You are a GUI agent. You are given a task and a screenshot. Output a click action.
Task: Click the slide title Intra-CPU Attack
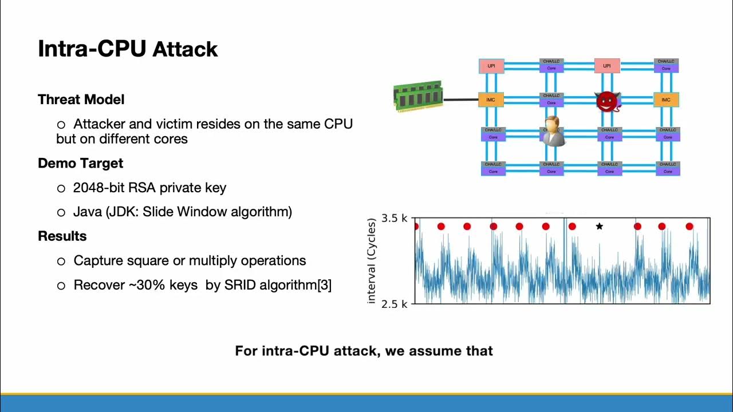click(x=128, y=49)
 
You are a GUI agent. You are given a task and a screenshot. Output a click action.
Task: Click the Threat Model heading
click(x=81, y=100)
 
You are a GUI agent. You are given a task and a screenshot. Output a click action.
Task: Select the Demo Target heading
click(x=80, y=163)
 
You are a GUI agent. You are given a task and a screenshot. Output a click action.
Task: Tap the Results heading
click(x=62, y=236)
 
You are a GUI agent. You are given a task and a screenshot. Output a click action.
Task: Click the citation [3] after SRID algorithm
click(x=324, y=285)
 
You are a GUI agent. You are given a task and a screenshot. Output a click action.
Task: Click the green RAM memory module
click(x=418, y=96)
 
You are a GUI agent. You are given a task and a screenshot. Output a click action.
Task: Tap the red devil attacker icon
click(x=607, y=102)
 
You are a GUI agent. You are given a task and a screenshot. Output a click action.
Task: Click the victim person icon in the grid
click(x=552, y=132)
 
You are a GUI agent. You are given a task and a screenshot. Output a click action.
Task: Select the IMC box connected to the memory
click(x=491, y=100)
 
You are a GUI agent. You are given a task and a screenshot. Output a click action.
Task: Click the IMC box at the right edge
click(x=665, y=100)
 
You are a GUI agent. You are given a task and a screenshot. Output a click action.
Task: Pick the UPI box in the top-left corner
click(x=491, y=66)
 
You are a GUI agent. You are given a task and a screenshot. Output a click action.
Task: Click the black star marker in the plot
click(x=599, y=227)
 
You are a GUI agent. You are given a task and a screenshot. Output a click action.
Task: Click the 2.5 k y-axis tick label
click(x=394, y=304)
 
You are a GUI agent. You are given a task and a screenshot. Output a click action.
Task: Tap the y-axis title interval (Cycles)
click(x=372, y=260)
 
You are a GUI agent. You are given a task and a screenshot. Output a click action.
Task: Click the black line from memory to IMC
click(x=460, y=100)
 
